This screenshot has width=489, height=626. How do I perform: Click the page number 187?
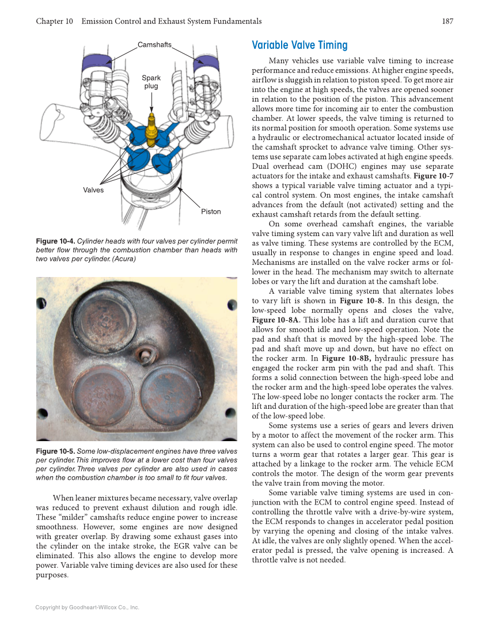pos(448,21)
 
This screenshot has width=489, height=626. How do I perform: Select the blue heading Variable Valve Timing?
pos(300,45)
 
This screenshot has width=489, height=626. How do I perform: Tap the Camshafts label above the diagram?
pos(154,45)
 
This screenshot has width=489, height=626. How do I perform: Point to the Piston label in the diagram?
pos(211,211)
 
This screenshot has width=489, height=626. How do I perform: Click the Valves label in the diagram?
pos(93,190)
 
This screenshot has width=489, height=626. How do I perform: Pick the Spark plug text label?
pos(151,82)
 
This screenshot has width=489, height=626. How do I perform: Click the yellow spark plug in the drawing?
pos(151,129)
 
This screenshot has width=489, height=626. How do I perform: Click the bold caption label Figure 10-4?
pos(55,241)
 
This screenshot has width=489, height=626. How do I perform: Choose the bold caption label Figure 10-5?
pos(55,452)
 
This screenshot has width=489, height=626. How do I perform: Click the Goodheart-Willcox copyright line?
pos(87,607)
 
